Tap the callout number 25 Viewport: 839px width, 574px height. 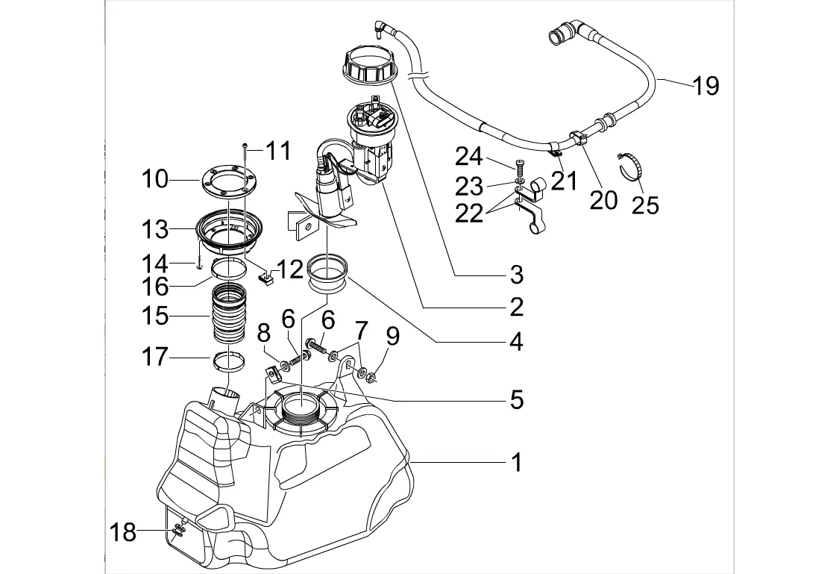pos(645,205)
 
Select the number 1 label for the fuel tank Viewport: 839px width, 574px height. pos(516,463)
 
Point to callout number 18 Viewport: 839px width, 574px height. pos(124,532)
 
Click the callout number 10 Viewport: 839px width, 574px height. pos(157,179)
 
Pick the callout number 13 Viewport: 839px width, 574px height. pos(157,230)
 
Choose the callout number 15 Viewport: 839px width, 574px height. pos(157,316)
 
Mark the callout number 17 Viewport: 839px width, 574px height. pos(157,358)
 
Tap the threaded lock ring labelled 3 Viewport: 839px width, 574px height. pos(370,62)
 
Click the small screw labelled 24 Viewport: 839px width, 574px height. pos(519,167)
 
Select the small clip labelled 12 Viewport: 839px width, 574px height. pos(265,280)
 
